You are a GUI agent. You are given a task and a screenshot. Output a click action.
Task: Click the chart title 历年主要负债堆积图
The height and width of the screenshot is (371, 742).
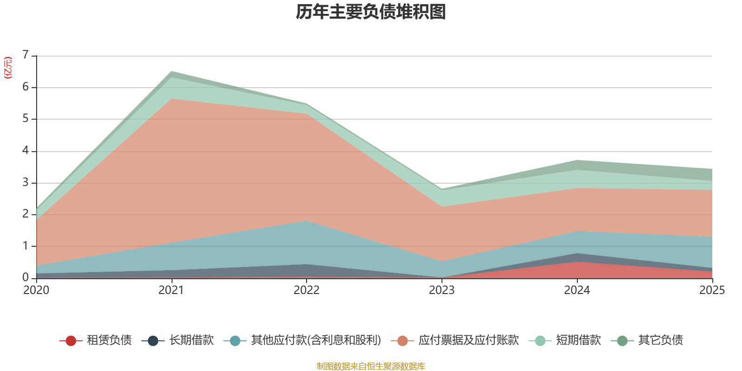coord(371,12)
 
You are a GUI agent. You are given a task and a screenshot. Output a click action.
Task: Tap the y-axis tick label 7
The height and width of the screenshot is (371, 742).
coord(26,55)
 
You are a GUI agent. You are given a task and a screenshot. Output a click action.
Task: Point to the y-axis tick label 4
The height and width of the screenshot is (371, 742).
coord(26,151)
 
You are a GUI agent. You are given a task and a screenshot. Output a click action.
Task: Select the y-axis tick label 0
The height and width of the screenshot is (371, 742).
coord(26,277)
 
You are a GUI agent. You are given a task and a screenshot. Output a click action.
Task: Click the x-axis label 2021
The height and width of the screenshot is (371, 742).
coord(171,290)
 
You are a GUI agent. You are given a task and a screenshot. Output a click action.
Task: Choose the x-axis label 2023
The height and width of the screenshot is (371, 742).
coord(441,290)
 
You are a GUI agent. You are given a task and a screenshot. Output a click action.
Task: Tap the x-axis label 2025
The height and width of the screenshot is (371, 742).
coord(711,290)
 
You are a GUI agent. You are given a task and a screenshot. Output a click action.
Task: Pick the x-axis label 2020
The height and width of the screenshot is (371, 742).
coord(36,290)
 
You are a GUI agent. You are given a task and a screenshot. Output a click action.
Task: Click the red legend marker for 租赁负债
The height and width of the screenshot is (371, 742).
coord(70,341)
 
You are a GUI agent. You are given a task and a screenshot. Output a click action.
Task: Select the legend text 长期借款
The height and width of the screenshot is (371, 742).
coord(191,340)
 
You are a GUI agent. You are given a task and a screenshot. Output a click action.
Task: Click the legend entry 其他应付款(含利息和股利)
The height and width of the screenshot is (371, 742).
coord(316,340)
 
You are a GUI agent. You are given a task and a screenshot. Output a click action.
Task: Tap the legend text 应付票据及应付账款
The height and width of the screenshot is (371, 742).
coord(468,340)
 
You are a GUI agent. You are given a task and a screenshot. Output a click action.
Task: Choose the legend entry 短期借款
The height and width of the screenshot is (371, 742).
coord(578,340)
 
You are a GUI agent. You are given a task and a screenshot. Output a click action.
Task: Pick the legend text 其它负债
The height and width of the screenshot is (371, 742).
coord(660,340)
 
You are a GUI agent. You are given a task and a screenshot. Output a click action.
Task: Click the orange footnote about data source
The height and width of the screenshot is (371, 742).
coord(371,366)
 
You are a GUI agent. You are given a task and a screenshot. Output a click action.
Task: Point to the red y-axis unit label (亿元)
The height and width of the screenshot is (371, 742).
coord(8,68)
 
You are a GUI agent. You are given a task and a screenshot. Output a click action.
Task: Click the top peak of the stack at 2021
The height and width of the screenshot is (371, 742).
coord(172,71)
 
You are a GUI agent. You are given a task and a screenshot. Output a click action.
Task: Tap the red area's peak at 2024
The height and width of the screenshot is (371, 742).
coord(577,262)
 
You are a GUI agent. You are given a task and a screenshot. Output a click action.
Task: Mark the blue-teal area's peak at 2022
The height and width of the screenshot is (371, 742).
coord(307,221)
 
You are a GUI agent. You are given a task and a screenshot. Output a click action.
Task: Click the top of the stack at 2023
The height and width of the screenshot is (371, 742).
coord(441,189)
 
